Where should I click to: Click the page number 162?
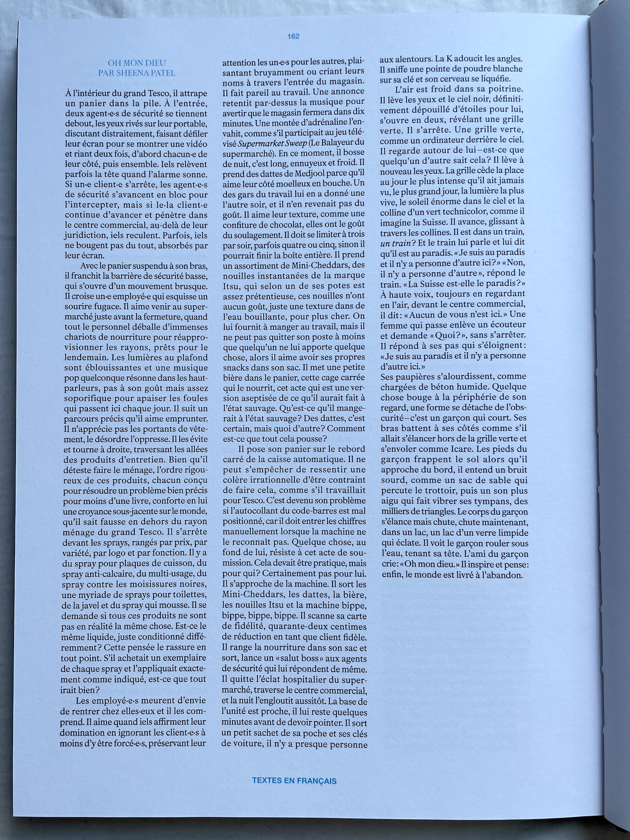pos(293,37)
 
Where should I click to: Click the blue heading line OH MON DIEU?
pos(131,63)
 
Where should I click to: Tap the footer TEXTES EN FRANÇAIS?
pos(294,781)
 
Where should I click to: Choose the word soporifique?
pos(88,398)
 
